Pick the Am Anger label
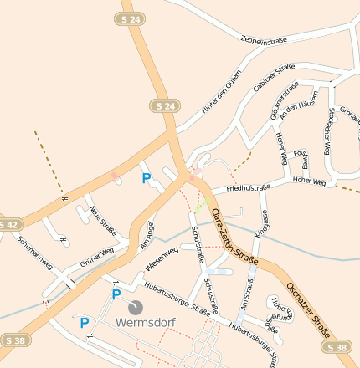[x=147, y=235]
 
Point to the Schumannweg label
[x=34, y=251]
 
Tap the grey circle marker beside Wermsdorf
[x=136, y=307]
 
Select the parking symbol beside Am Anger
[x=147, y=178]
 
